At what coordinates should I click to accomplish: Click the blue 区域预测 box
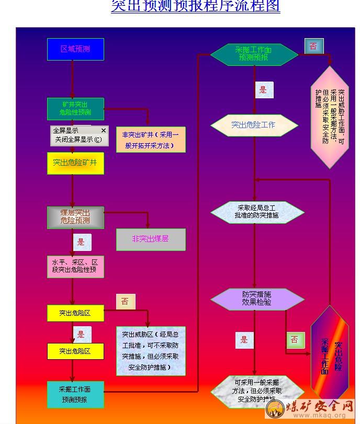(75, 49)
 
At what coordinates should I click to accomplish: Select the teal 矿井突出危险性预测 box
(75, 108)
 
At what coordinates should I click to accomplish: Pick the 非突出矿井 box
(151, 140)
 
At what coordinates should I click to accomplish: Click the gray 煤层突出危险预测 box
(75, 217)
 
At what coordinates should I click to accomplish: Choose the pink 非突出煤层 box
(151, 239)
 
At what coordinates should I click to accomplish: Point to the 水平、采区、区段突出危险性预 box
(75, 266)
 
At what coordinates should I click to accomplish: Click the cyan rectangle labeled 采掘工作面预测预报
(75, 395)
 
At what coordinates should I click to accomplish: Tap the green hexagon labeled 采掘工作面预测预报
(254, 53)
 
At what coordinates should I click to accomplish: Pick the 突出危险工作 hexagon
(254, 125)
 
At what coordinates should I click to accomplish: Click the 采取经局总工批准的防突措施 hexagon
(257, 212)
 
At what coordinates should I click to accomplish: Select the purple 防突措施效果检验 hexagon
(257, 299)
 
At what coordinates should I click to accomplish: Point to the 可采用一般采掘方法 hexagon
(257, 391)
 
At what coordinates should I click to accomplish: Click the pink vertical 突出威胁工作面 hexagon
(330, 117)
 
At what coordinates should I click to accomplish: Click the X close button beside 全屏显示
(103, 130)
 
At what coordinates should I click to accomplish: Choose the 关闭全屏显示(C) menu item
(78, 140)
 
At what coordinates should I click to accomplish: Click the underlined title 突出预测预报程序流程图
(195, 6)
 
